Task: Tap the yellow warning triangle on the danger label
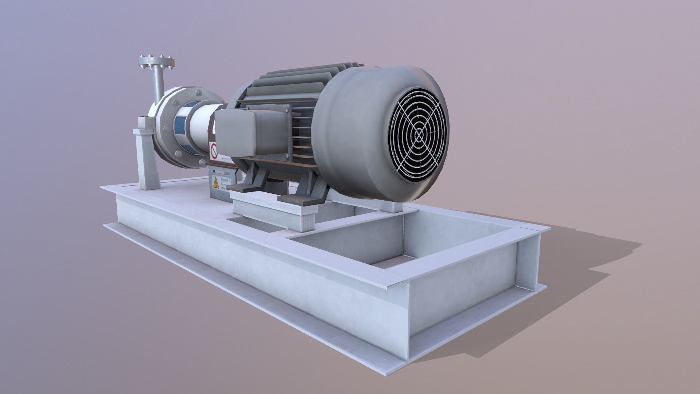[216, 182]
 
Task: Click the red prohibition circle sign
[214, 150]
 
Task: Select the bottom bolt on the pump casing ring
[201, 162]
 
